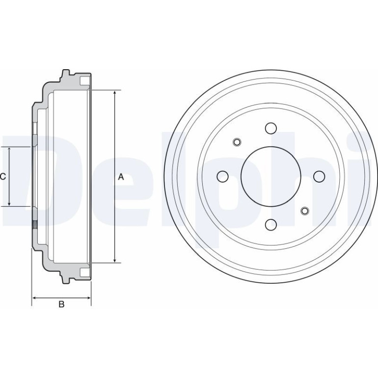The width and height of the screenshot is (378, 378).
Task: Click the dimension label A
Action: point(121,177)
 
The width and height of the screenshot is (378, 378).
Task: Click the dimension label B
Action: point(61,304)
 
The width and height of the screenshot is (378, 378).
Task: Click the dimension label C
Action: point(3,177)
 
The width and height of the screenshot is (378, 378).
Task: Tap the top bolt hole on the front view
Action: point(270,128)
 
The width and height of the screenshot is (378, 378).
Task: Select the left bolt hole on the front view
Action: point(223,176)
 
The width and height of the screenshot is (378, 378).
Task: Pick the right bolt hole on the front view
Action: point(319,176)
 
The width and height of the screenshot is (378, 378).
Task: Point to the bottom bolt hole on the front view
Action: point(270,224)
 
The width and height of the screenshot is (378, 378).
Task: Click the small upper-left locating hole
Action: point(237,142)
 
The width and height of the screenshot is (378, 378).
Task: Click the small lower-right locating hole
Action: point(305,211)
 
